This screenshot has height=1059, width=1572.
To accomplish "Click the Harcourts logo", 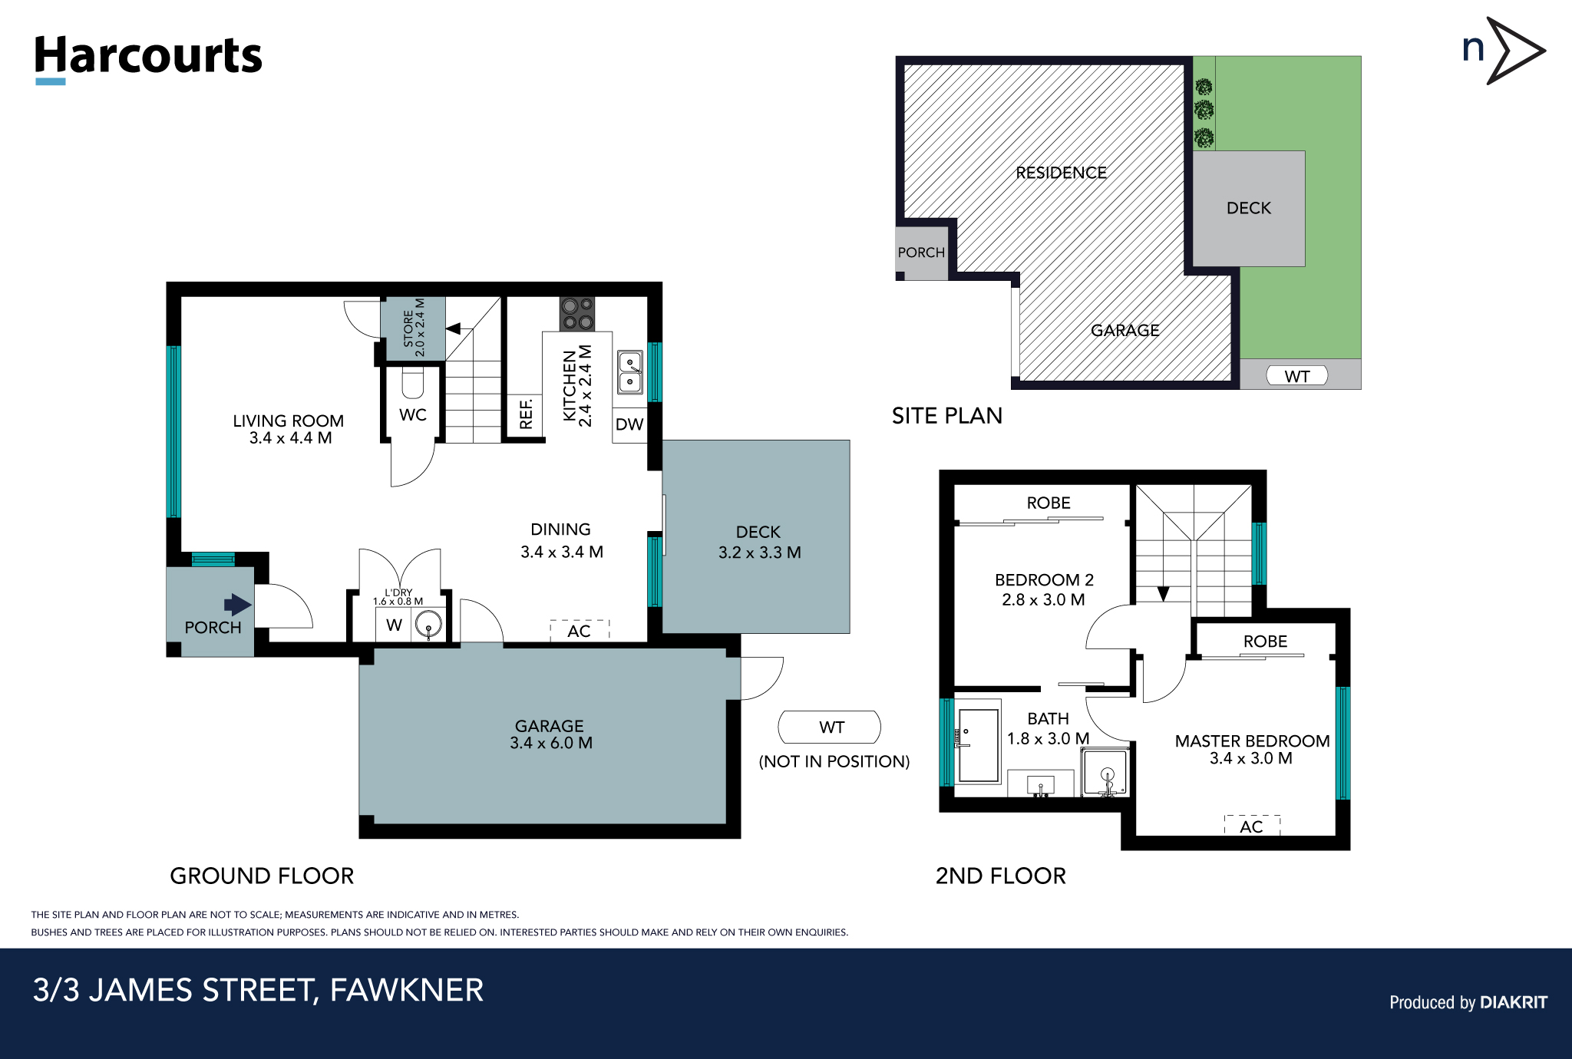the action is [148, 58].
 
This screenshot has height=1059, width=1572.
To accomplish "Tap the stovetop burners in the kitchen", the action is [577, 314].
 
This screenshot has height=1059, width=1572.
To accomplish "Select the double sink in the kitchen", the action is [630, 372].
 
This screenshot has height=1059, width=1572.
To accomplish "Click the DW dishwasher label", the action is [629, 424].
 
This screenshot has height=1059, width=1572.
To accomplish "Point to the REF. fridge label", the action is [526, 414].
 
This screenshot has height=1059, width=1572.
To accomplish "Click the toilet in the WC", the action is [413, 382].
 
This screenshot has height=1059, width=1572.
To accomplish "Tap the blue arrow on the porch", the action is [238, 604].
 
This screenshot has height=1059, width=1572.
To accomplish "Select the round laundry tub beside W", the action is [428, 625].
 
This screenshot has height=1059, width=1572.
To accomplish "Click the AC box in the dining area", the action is [580, 630].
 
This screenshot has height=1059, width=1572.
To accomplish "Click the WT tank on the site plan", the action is [1296, 376].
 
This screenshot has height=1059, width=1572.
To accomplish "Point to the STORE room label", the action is [414, 328].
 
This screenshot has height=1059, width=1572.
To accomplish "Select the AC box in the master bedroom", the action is [1252, 826].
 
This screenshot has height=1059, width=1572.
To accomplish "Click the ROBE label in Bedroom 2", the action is [1049, 503].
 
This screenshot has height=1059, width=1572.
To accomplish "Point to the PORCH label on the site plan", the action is [921, 252].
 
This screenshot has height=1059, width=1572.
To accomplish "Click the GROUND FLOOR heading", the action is [262, 876].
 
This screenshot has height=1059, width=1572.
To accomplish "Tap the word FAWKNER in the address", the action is [407, 990].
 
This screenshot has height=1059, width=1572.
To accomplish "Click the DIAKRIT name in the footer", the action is [1513, 1002].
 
